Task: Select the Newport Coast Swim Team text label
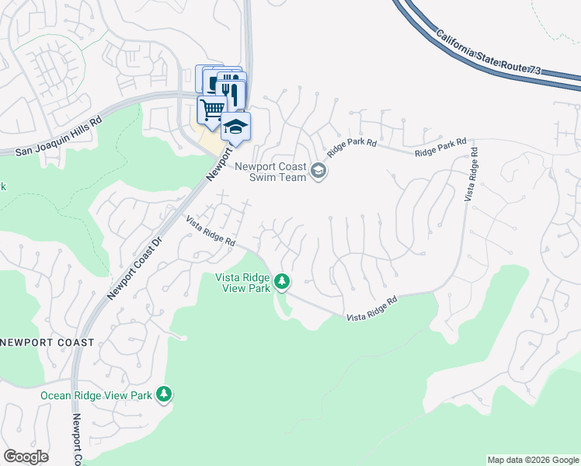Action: point(271,170)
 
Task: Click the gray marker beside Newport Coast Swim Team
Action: point(318,170)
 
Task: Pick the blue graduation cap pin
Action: point(235,127)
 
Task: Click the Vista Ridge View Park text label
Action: point(242,282)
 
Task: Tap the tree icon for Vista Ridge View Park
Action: point(283,281)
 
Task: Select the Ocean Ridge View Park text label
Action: point(96,395)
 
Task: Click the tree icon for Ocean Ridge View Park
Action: point(163,395)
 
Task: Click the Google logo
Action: point(26,457)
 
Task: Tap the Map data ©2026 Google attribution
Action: point(533,460)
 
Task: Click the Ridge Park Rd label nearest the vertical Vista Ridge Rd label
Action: point(440,148)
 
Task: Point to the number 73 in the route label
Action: point(534,70)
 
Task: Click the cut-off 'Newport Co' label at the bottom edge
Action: point(77,439)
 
